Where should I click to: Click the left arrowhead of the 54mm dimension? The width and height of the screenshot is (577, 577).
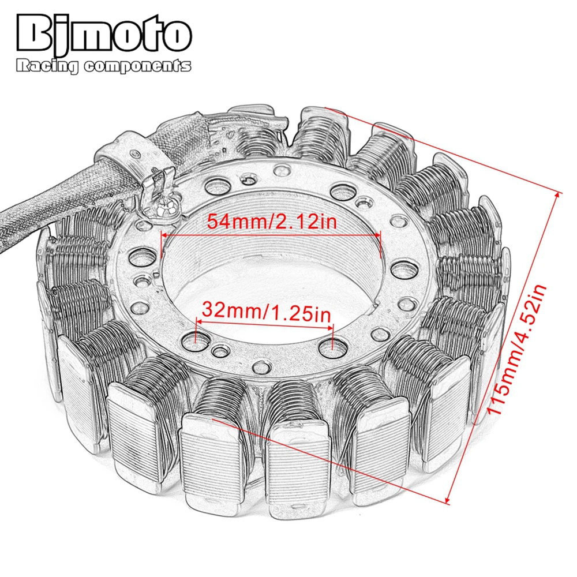coord(164,235)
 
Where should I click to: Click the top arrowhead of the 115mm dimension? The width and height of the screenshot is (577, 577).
coord(557,195)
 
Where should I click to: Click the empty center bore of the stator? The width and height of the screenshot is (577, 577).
coord(271,271)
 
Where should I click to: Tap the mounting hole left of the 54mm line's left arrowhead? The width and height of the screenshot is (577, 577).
coord(143,254)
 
